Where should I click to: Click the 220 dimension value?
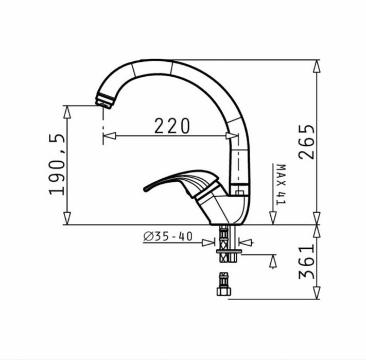[172, 126]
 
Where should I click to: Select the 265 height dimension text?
[307, 142]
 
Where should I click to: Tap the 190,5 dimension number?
[57, 164]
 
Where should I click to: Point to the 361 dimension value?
[307, 262]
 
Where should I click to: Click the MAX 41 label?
[281, 184]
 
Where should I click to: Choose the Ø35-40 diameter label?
[168, 236]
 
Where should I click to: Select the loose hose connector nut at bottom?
[223, 284]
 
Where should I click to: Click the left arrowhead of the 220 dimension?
[109, 135]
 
